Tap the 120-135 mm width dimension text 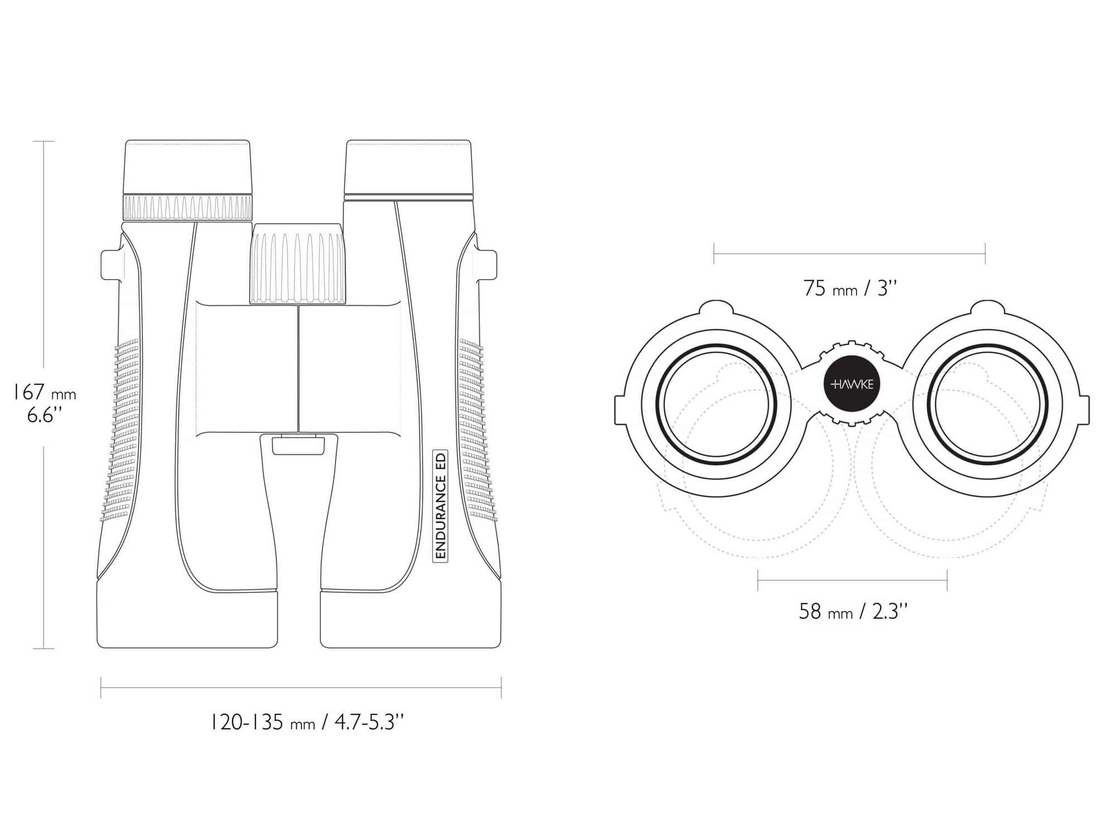coord(306,723)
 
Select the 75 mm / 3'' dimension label coord(850,288)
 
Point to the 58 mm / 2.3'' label coord(853,612)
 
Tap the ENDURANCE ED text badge coord(441,506)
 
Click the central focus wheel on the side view coord(297,264)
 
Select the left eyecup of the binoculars coord(187,167)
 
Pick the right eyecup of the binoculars coord(408,167)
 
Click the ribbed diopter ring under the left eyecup coord(187,208)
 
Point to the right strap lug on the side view coord(486,264)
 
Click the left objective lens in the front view coord(716,405)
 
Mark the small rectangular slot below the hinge coord(299,446)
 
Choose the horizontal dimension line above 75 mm coord(849,254)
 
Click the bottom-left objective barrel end coord(187,619)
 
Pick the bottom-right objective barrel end coord(410,619)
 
